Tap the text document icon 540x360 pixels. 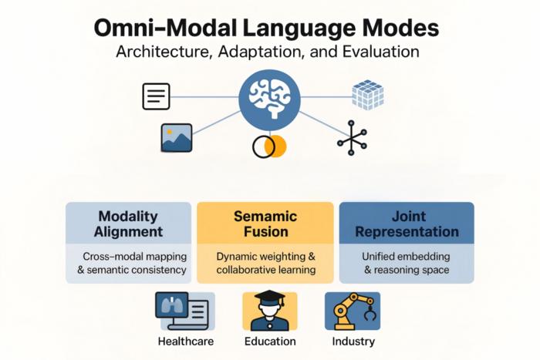[156, 96]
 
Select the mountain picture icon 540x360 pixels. [177, 137]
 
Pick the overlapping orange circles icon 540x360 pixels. [269, 146]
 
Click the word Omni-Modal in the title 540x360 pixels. [164, 29]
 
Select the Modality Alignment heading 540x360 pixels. [128, 224]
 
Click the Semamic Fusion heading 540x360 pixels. [265, 224]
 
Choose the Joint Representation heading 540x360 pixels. [407, 224]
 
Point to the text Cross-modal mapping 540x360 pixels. [128, 255]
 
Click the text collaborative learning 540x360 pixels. [265, 270]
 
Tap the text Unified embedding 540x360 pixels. [407, 255]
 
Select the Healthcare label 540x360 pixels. [185, 341]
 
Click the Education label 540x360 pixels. [269, 341]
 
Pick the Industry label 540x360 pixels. [353, 341]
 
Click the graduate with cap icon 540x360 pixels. [269, 311]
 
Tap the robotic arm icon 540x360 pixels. [353, 311]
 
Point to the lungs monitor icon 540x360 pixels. [185, 311]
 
